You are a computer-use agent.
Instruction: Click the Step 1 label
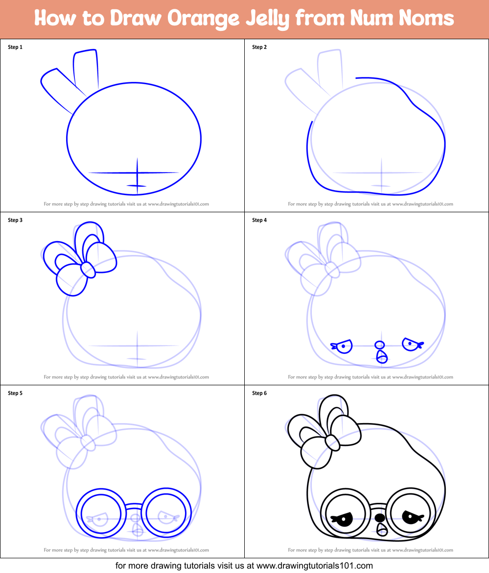[15, 47]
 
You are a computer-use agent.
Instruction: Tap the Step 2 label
[259, 47]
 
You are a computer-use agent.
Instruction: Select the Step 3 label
[15, 220]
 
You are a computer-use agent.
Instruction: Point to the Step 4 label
[259, 220]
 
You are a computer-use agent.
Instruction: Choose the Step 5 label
[15, 393]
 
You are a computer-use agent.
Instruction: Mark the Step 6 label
[259, 393]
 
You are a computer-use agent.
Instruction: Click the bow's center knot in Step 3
[87, 269]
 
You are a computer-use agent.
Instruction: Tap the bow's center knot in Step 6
[331, 442]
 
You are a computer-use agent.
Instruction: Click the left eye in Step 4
[343, 346]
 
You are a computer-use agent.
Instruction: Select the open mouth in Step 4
[382, 357]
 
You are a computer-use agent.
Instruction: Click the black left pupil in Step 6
[344, 519]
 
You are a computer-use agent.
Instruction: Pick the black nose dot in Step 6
[379, 518]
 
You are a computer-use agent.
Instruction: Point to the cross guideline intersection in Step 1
[138, 173]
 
